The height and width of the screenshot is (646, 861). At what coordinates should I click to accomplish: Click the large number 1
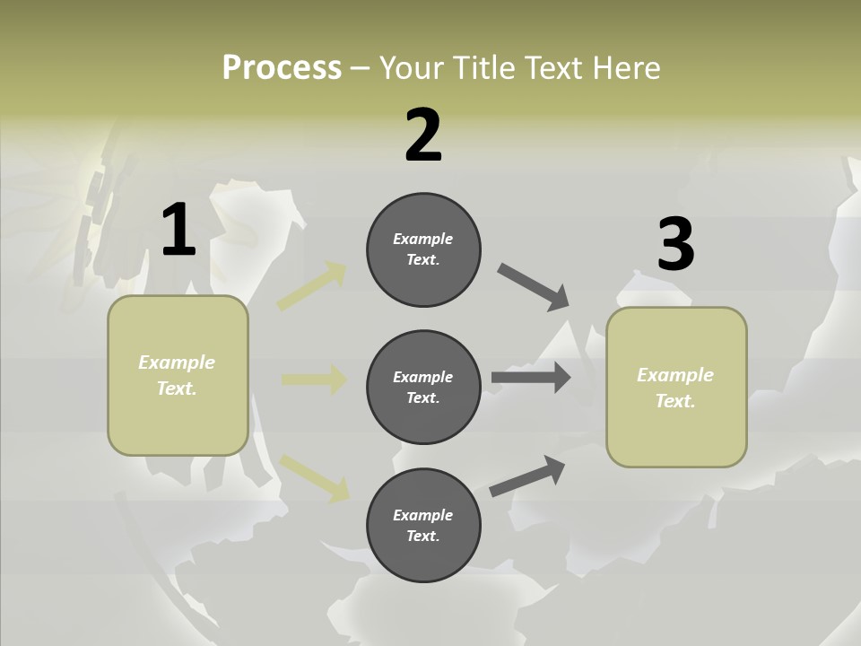tap(178, 231)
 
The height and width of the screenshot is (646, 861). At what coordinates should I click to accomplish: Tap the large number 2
tap(423, 135)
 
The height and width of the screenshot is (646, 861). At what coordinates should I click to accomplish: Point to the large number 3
tap(675, 245)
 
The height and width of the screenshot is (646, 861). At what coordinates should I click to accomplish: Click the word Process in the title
tap(282, 67)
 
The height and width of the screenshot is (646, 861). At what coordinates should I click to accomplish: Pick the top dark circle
tap(423, 249)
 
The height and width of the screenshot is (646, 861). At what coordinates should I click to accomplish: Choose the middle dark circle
tap(423, 388)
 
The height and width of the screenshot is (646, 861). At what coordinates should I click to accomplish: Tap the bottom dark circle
tap(423, 526)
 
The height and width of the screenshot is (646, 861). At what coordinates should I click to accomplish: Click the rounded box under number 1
tap(178, 375)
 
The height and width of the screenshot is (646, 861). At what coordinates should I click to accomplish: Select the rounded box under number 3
tap(676, 388)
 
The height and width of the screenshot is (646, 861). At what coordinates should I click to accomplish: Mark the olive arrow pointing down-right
tap(315, 477)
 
